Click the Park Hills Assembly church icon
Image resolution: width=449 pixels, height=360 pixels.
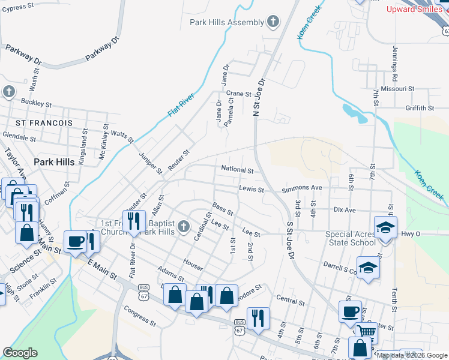(273, 23)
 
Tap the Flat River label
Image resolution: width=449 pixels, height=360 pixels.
(181, 104)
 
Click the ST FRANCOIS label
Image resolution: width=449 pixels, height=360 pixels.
(44, 122)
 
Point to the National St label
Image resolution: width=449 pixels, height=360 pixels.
(238, 170)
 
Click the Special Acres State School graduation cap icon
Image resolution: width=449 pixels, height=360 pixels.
(385, 227)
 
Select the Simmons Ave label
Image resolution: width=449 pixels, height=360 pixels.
(302, 188)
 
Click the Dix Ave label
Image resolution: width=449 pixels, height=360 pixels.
(345, 210)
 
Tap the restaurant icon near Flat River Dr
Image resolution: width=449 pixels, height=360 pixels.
(134, 221)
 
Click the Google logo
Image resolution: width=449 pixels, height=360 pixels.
(20, 353)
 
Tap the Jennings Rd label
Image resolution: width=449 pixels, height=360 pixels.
(395, 64)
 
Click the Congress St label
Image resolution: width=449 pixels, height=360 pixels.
(140, 316)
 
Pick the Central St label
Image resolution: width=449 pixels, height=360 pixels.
(291, 298)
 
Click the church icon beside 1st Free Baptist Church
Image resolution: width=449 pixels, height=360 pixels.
(184, 227)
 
